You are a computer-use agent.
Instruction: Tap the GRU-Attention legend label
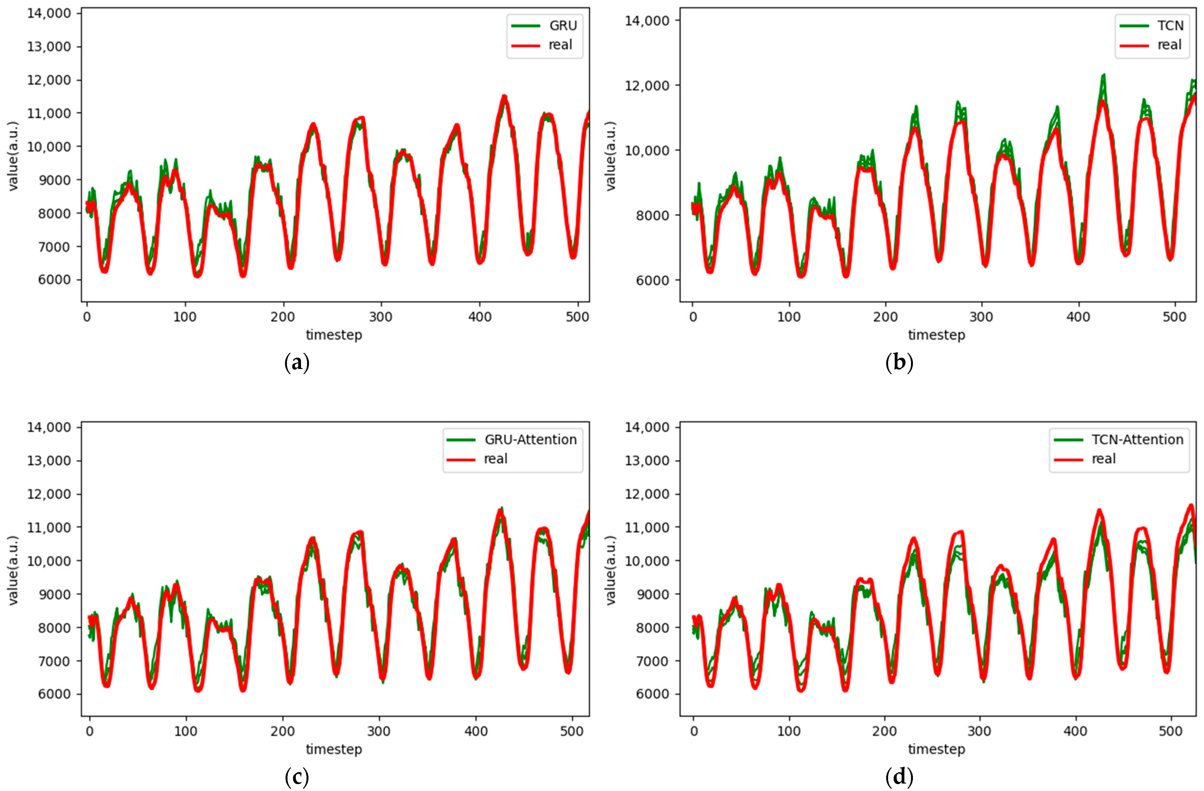point(530,440)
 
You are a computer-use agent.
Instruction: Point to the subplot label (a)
point(297,363)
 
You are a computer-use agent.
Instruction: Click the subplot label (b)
point(899,363)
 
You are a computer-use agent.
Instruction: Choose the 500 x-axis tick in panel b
point(1175,317)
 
